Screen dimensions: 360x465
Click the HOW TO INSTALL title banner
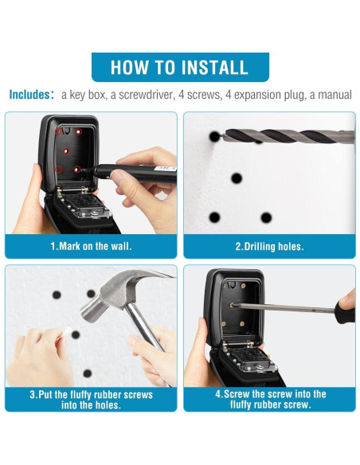(x=180, y=67)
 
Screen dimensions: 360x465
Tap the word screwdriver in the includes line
(x=142, y=95)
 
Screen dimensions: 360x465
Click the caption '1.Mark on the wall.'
(x=91, y=246)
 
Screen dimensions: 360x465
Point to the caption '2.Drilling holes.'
(x=269, y=247)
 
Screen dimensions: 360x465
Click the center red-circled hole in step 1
(x=66, y=151)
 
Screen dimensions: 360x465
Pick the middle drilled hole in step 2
(x=237, y=178)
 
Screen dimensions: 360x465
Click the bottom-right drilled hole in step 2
(x=266, y=217)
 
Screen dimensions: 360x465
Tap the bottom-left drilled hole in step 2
(x=214, y=217)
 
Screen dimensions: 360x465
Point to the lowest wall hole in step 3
(x=87, y=373)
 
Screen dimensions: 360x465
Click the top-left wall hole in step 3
(x=57, y=295)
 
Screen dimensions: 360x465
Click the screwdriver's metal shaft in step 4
(x=284, y=307)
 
